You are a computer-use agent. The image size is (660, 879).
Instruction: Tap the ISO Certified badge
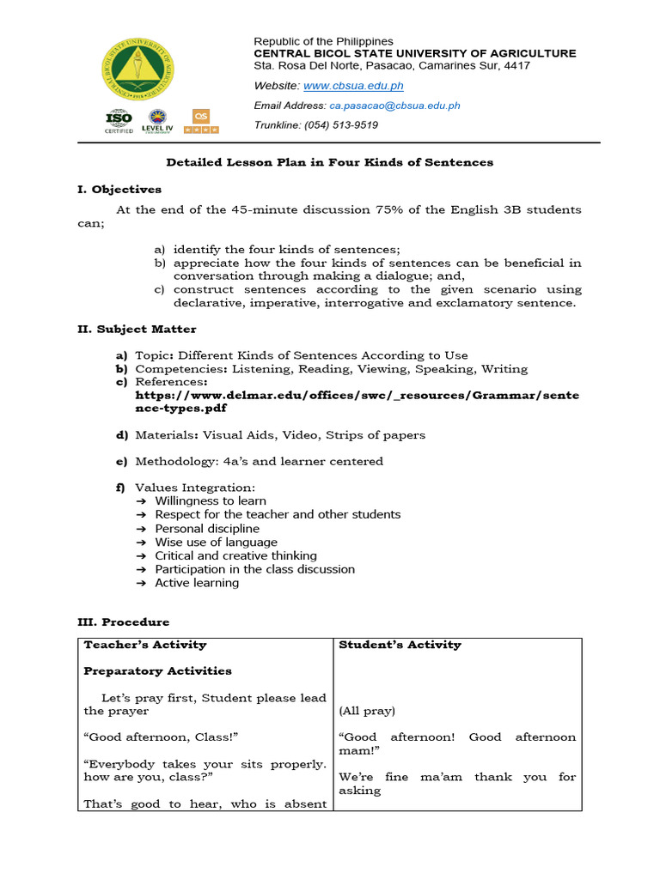click(x=119, y=122)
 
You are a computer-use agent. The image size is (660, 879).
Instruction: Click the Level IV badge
click(x=159, y=122)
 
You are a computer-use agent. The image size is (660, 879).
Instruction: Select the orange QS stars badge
click(x=201, y=121)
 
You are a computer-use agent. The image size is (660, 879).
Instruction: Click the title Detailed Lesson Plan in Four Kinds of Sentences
click(x=329, y=162)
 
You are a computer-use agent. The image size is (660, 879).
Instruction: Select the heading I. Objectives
click(x=119, y=189)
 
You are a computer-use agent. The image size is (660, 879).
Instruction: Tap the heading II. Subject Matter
click(x=137, y=329)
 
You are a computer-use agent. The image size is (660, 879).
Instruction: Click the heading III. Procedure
click(x=124, y=621)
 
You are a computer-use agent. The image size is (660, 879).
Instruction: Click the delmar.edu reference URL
click(x=357, y=402)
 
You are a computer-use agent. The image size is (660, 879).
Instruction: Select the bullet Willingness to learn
click(x=211, y=500)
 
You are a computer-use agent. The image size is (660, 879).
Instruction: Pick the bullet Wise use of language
click(x=216, y=542)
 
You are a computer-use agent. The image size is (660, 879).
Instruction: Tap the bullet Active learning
click(x=197, y=583)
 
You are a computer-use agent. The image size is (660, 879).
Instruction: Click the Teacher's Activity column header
click(x=144, y=645)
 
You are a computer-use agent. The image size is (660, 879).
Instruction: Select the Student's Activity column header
click(x=400, y=645)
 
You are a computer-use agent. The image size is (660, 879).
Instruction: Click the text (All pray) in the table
click(x=367, y=711)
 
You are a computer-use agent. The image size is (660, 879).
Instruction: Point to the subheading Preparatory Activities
click(x=157, y=670)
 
